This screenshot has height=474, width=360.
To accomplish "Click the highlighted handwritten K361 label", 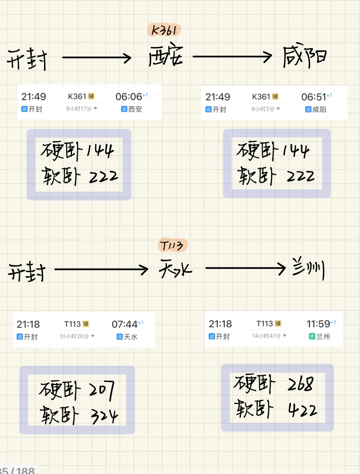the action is click(164, 30).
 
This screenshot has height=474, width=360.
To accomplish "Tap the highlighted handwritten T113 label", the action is click(172, 246).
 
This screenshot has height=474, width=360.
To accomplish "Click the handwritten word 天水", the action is click(175, 269).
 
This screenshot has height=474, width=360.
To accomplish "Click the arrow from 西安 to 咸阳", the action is click(232, 57).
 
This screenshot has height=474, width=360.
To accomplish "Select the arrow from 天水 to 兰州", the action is click(246, 268).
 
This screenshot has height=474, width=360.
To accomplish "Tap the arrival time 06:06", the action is click(129, 97).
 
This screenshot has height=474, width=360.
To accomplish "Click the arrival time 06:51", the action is click(314, 97).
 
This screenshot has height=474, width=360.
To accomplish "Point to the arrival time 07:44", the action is click(125, 324).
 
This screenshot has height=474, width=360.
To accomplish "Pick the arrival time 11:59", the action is click(318, 324).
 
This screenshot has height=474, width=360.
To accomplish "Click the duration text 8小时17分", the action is click(79, 109).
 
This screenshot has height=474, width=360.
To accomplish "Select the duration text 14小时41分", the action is click(267, 336).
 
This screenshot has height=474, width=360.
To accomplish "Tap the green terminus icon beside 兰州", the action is click(312, 336).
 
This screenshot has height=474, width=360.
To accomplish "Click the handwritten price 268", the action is click(300, 384).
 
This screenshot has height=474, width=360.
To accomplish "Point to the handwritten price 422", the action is click(303, 410).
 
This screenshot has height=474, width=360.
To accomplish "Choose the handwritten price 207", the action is click(102, 390).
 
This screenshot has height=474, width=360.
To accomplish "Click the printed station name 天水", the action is click(131, 337).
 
